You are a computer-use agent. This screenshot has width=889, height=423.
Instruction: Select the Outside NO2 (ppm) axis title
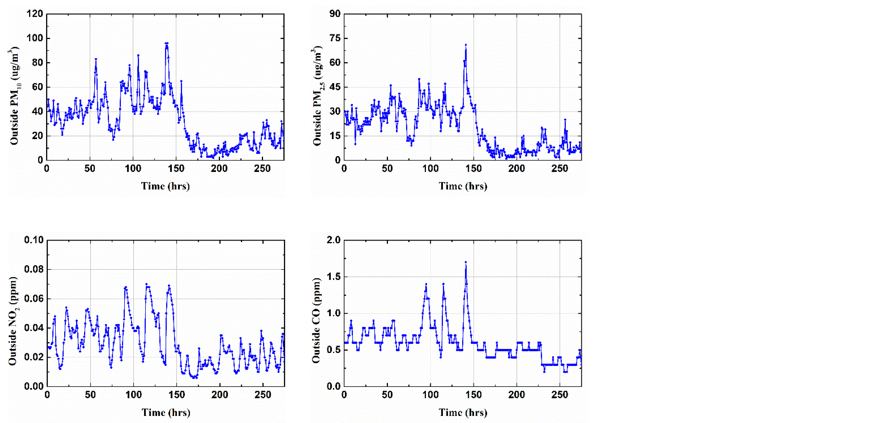click(13, 321)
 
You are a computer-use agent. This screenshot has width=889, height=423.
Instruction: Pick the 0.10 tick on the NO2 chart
click(34, 240)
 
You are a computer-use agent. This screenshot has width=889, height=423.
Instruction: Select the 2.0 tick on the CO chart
click(333, 240)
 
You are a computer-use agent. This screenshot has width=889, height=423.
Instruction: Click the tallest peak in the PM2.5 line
click(465, 45)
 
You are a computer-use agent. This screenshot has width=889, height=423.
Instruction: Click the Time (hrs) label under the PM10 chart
click(165, 186)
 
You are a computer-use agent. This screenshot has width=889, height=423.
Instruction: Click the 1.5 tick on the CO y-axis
click(333, 277)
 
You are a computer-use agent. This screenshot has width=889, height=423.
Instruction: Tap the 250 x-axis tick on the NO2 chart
click(263, 395)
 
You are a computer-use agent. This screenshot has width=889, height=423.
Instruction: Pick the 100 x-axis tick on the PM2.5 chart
click(430, 168)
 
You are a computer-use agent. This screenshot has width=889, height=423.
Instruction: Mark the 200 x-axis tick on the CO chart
click(517, 395)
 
